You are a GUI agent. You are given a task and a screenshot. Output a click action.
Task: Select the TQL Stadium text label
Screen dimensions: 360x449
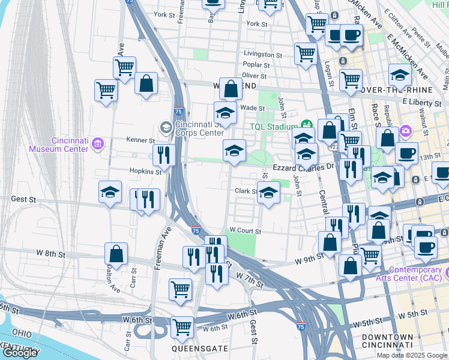click(x=274, y=127)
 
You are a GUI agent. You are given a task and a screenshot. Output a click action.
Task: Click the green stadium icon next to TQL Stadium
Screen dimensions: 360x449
click(x=304, y=126)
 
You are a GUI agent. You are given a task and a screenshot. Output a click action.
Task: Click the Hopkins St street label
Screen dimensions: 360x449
click(x=147, y=172)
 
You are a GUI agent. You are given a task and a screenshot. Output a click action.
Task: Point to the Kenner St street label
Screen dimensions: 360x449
click(x=140, y=140)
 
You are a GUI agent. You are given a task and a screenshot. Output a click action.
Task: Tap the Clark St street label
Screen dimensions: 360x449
click(x=246, y=191)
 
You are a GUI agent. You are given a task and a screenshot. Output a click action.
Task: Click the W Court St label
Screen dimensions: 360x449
click(x=246, y=230)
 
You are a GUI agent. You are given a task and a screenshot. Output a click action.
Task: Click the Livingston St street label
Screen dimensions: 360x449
click(x=262, y=55)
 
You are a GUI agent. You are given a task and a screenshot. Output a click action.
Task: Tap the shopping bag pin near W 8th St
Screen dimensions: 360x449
click(x=116, y=254)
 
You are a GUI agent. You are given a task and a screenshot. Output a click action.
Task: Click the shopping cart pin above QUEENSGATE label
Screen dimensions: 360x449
click(x=182, y=327)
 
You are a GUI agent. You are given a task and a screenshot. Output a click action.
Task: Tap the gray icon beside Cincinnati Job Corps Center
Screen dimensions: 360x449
click(x=166, y=127)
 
